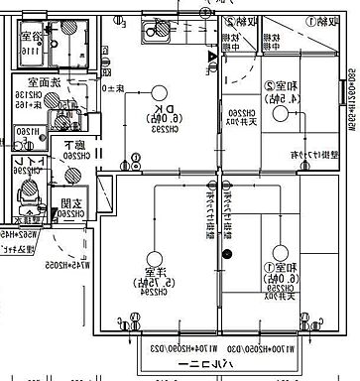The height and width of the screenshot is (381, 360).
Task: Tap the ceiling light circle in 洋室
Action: click(x=154, y=252)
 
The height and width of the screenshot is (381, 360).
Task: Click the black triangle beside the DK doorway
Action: click(x=212, y=57)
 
